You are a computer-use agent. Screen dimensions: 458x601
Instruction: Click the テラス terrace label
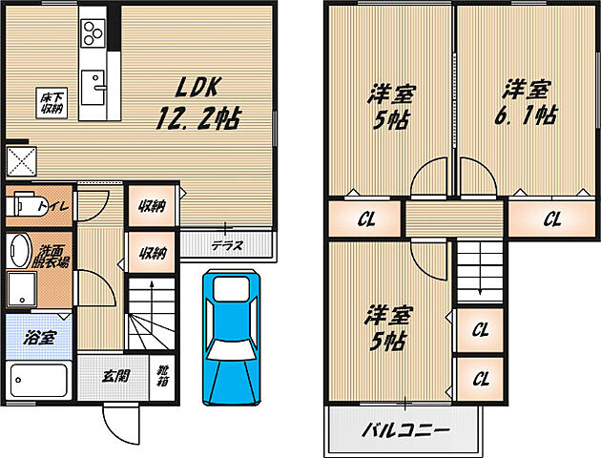[x=226, y=245]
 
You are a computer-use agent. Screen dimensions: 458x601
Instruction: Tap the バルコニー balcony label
[x=404, y=429]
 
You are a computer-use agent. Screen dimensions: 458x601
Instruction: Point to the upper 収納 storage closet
[x=152, y=204]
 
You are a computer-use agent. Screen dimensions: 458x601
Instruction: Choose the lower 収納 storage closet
[x=152, y=253]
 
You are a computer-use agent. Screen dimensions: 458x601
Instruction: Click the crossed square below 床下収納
[x=20, y=157]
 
